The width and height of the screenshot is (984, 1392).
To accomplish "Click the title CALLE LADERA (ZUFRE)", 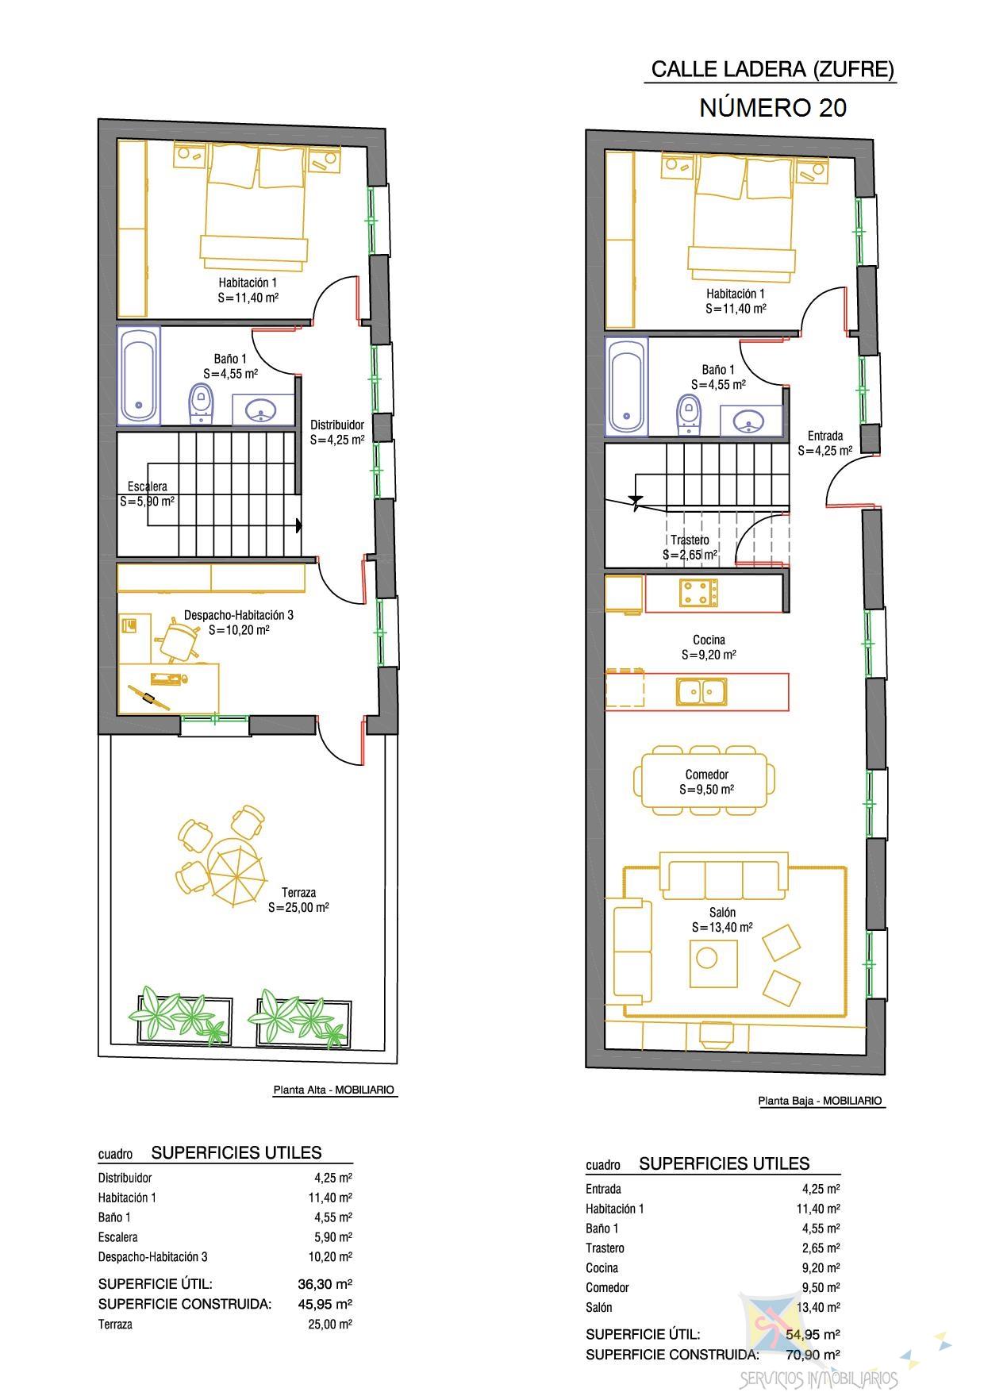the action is pos(773,70).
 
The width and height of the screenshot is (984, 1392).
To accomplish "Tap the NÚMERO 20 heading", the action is pos(773,108).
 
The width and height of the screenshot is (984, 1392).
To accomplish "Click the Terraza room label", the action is pos(298,892).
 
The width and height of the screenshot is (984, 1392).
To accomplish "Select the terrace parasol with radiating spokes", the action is pos(236,873).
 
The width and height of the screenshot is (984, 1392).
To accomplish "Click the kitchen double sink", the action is pos(701,691).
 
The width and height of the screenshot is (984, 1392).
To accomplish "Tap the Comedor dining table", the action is pos(705,781).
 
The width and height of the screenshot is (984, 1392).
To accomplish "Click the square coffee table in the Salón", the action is pos(713,963).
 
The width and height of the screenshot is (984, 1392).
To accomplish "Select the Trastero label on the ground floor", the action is pos(690,540).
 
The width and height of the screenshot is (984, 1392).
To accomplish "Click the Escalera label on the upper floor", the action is pos(148,486).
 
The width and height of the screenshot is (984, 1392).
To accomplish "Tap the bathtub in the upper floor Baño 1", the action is pos(139,375).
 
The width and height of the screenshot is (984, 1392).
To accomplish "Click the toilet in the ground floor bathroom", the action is pos(689,415).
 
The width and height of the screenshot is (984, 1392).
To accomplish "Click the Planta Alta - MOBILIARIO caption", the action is pos(334,1090).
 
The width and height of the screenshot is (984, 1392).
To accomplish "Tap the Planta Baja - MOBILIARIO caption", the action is pos(821,1101).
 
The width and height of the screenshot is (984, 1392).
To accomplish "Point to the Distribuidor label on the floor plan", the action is pos(337,425).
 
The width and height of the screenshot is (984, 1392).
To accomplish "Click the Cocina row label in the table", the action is pos(602,1268).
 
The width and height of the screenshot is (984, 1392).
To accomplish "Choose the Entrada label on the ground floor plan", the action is pos(825,436).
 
